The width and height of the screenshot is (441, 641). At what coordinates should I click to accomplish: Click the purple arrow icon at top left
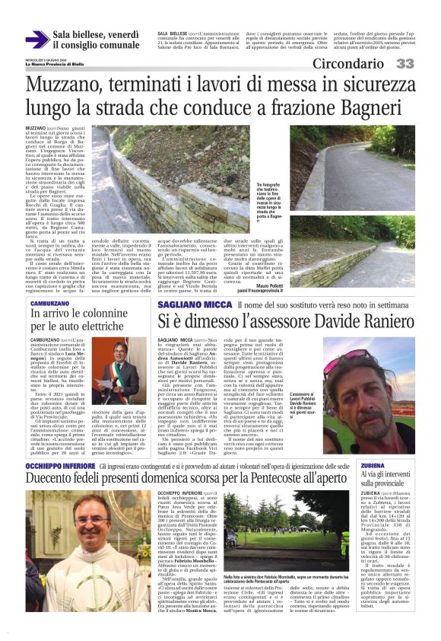tap(37, 40)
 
